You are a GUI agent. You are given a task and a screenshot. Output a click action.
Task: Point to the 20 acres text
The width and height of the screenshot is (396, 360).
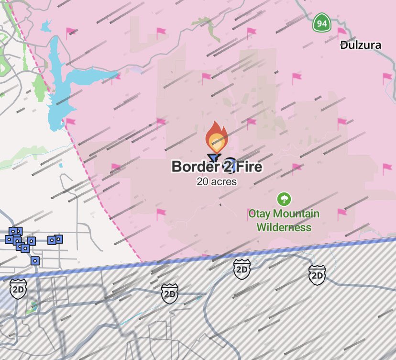pos(217,182)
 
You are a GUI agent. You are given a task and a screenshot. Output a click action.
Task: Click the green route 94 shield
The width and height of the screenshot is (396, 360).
pos(322,23)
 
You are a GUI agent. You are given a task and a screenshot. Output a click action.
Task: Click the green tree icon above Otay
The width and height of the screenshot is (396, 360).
pos(284,199)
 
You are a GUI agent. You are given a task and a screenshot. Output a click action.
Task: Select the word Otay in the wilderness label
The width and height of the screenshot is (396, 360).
pos(259,214)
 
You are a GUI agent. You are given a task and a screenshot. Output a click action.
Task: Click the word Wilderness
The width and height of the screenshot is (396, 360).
pos(284,227)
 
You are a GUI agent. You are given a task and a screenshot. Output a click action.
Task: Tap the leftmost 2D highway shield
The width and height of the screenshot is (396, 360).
pos(18,289)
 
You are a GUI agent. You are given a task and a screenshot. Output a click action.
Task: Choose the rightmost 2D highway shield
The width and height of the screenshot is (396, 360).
pos(317,275)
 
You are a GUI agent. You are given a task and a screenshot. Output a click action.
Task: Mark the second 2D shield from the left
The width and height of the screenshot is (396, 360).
pos(170,293)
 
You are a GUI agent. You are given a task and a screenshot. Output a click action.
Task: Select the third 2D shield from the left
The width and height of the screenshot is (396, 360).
pos(242,270)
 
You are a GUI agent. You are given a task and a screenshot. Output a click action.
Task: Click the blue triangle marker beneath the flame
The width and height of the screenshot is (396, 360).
pos(213,157)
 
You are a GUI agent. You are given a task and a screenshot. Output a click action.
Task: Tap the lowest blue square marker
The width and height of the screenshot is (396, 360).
pos(35,260)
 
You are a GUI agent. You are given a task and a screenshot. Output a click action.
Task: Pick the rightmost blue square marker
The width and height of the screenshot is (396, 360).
pos(59,238)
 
